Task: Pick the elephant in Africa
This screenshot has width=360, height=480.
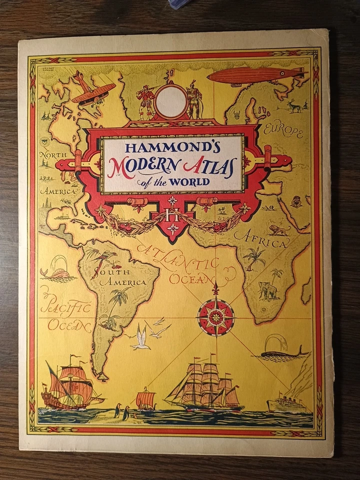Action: [x=268, y=289]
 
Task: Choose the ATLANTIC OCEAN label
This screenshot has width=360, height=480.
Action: [x=187, y=265]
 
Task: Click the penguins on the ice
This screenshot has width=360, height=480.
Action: [x=121, y=412]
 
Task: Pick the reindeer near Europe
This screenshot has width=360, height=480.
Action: [x=293, y=106]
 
